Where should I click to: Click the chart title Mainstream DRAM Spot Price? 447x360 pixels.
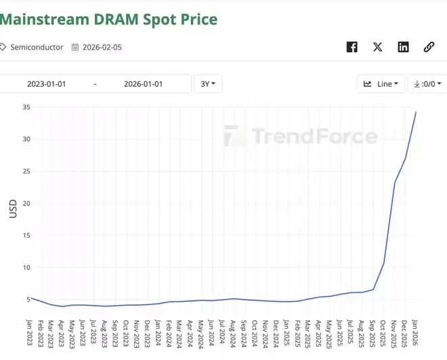(108, 19)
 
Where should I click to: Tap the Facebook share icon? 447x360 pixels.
(352, 47)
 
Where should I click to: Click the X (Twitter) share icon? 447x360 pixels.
(377, 47)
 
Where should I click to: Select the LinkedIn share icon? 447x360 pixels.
(403, 47)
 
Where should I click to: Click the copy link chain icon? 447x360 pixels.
(429, 47)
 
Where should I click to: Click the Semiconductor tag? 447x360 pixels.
(37, 47)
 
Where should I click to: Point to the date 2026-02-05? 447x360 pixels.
(102, 47)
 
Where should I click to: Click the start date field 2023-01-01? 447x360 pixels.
(46, 84)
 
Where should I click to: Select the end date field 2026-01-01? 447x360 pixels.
(143, 84)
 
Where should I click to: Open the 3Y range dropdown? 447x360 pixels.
(208, 84)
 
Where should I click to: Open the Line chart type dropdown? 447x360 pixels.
(381, 84)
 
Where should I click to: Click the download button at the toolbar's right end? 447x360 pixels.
(427, 84)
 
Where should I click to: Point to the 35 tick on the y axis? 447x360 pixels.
(27, 107)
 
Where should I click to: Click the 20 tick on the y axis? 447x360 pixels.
(27, 203)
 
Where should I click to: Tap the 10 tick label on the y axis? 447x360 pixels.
(27, 267)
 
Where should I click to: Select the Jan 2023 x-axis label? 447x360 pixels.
(30, 333)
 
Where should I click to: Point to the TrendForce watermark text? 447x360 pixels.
(314, 137)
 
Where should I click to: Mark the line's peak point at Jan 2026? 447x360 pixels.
(416, 112)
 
